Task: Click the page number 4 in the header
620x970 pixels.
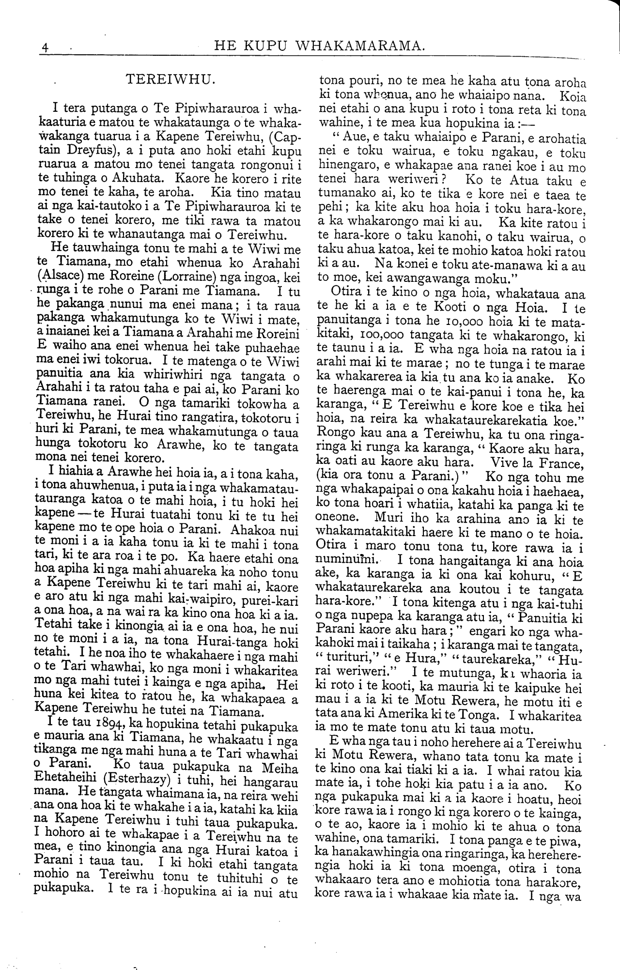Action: coord(45,47)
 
